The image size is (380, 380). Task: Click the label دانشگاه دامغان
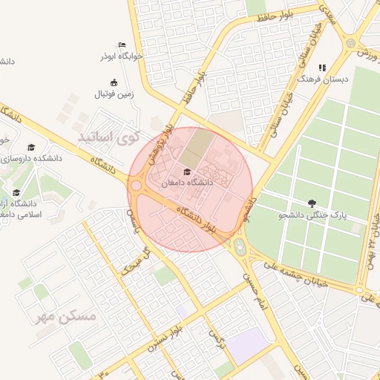pos(187,182)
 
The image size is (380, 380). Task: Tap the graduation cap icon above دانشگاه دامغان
pos(186,172)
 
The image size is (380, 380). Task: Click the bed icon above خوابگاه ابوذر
pos(122,45)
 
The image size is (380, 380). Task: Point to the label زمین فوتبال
pos(113,94)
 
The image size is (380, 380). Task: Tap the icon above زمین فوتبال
pos(113,83)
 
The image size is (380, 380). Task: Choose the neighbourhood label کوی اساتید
pos(109,138)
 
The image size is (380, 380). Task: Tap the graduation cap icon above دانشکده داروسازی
pos(30,148)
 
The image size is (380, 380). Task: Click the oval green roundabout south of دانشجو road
pos(239,247)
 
